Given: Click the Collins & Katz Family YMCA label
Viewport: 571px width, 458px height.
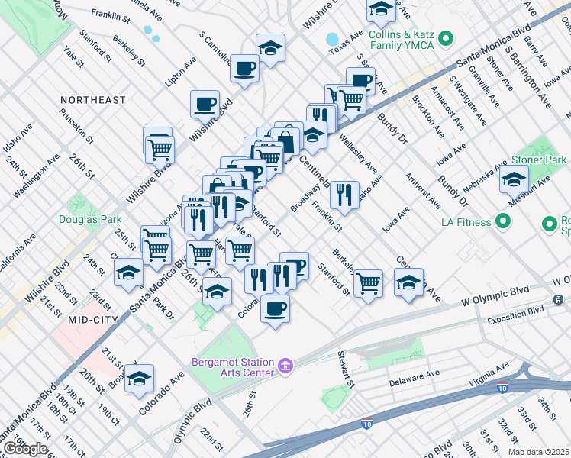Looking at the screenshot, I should (x=401, y=40).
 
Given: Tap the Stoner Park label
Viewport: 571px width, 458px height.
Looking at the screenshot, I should (x=538, y=160).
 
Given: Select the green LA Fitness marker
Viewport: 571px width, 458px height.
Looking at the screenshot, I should (x=502, y=222).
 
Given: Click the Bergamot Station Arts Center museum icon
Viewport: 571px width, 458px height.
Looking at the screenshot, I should (x=286, y=367).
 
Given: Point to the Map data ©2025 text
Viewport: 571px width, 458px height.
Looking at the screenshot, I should (x=537, y=452).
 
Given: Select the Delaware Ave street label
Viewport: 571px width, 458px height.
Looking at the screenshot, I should (x=415, y=377).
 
